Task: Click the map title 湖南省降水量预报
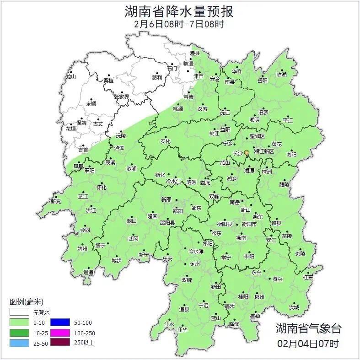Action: coord(179,11)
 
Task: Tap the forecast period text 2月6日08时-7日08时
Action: coord(179,24)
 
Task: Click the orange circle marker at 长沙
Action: coord(247,152)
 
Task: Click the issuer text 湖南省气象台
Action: coord(308,328)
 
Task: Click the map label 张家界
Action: coord(121,97)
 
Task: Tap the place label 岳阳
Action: coord(262,80)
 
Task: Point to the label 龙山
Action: coord(70,76)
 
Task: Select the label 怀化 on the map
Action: coord(101,188)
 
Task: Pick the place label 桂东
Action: coord(308,277)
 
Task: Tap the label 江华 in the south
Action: coord(183,329)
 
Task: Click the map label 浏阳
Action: coord(291,155)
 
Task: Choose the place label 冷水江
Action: coord(174,182)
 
